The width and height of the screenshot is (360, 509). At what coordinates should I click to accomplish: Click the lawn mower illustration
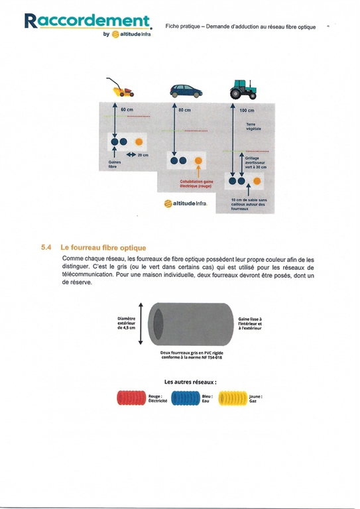tap(120, 87)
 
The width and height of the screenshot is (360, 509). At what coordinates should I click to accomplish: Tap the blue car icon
tap(186, 91)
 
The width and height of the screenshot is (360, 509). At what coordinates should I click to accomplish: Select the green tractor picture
tap(243, 89)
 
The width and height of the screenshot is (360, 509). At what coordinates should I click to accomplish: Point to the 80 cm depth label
tap(185, 110)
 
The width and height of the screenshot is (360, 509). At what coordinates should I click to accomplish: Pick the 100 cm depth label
tap(247, 111)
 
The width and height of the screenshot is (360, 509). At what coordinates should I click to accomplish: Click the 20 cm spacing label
tap(143, 155)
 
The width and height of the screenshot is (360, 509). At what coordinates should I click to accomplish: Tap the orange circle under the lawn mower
tap(139, 142)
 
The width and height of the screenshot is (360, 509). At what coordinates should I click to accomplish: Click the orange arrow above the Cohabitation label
tap(198, 172)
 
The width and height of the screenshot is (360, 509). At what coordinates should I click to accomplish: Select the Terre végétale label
tap(253, 127)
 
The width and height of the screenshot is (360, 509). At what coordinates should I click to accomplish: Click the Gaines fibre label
tap(115, 164)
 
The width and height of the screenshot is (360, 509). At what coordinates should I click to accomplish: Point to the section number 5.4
tap(46, 247)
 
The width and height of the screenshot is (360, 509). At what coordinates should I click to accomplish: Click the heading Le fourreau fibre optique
tap(103, 248)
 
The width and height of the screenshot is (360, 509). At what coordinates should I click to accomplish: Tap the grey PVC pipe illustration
tap(190, 324)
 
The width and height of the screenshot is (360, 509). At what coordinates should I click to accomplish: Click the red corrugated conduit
tap(131, 398)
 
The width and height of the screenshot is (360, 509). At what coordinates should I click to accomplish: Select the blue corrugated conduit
tap(186, 398)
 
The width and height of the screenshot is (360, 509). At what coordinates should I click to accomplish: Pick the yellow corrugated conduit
tap(233, 398)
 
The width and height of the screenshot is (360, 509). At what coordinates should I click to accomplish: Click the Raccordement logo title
tap(88, 21)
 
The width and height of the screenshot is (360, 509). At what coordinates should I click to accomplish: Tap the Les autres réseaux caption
tap(190, 382)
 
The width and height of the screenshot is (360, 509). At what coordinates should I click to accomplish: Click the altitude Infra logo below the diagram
tap(186, 203)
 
